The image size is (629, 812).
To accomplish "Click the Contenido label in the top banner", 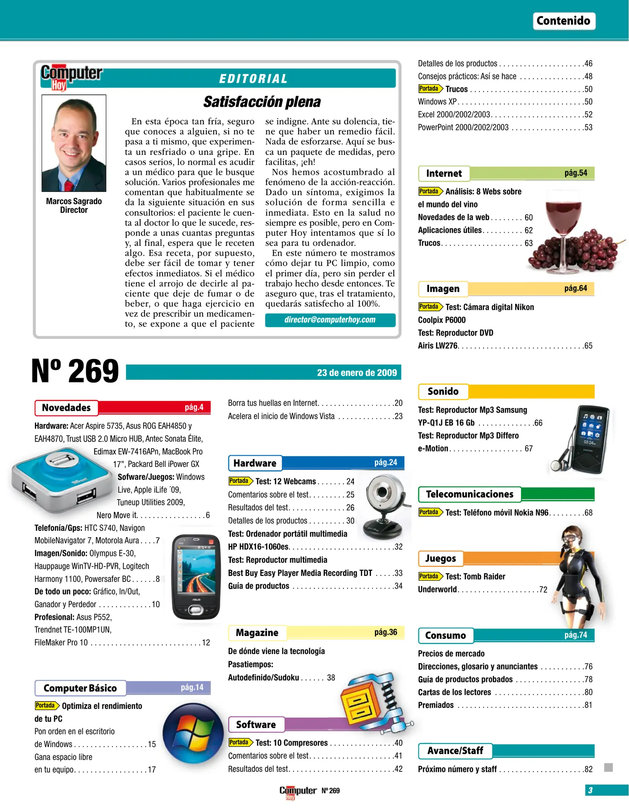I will [563, 21].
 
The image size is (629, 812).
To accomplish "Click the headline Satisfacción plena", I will [262, 102].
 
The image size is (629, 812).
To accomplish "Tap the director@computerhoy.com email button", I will [330, 320].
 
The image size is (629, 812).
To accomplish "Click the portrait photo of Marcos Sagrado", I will [74, 143].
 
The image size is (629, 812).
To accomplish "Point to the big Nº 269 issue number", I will [75, 371].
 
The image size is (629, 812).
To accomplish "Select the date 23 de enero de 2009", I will [356, 373].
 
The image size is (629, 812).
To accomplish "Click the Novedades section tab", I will [67, 408].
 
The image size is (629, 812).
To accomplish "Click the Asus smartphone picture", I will [196, 577].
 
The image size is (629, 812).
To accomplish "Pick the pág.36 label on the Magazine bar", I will [385, 632].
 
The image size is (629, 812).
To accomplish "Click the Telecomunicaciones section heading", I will [469, 494].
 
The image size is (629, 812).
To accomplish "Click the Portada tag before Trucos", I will [429, 89].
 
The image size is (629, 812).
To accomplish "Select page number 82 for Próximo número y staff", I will [588, 769].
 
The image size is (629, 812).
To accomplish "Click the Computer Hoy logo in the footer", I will [297, 791].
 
